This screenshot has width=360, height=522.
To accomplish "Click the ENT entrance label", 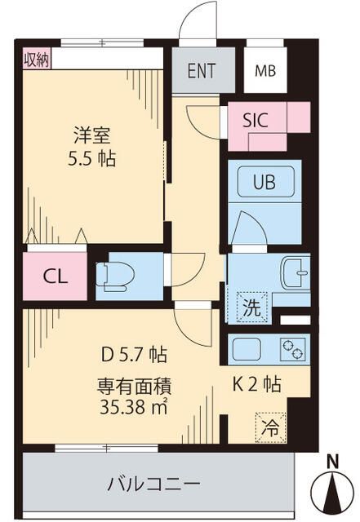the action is [x=202, y=70].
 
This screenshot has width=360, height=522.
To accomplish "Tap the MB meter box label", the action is [x=265, y=71].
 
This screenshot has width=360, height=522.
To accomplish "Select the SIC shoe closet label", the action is [x=256, y=120].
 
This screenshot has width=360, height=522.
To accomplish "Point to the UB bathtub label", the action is [x=264, y=182].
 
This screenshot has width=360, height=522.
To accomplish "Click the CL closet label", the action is [x=56, y=276].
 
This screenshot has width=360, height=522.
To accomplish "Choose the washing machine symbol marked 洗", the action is [x=251, y=307].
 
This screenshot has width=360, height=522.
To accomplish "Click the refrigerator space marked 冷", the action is [x=270, y=427].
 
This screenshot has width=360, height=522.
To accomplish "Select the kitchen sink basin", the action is [x=246, y=349].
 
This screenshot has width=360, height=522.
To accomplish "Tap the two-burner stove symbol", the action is [x=293, y=349].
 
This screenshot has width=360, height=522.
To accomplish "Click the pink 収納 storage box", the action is [x=37, y=60].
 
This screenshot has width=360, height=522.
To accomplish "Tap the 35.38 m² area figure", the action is [x=133, y=407].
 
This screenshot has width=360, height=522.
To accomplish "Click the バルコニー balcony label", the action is [x=153, y=484].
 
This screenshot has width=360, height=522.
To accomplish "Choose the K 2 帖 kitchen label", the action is [x=256, y=384].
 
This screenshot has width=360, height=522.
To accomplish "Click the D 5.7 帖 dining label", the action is [x=134, y=354].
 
